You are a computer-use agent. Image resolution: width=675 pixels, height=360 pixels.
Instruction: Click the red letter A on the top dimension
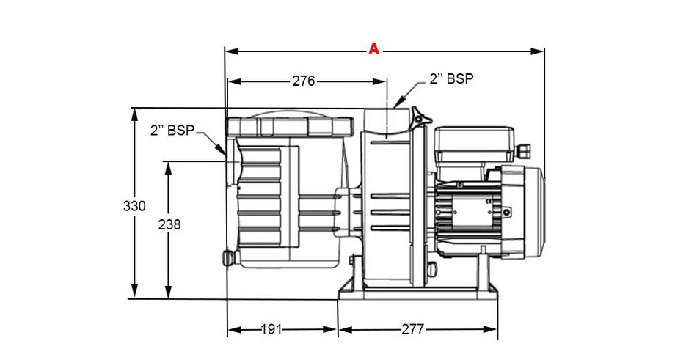[373, 49]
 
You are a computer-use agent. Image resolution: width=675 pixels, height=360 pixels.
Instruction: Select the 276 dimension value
[303, 81]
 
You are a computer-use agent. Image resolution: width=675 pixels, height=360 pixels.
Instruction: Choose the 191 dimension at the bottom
[271, 330]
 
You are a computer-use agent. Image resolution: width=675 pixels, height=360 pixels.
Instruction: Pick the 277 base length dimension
[413, 330]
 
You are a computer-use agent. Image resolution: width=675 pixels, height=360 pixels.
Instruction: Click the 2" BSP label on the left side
[172, 131]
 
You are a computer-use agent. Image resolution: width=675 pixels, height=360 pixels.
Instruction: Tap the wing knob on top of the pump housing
[420, 117]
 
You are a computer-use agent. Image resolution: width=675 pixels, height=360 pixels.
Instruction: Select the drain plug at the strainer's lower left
[228, 258]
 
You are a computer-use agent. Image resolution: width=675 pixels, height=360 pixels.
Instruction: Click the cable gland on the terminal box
[524, 150]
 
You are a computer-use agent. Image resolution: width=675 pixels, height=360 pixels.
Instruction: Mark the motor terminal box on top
[475, 145]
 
